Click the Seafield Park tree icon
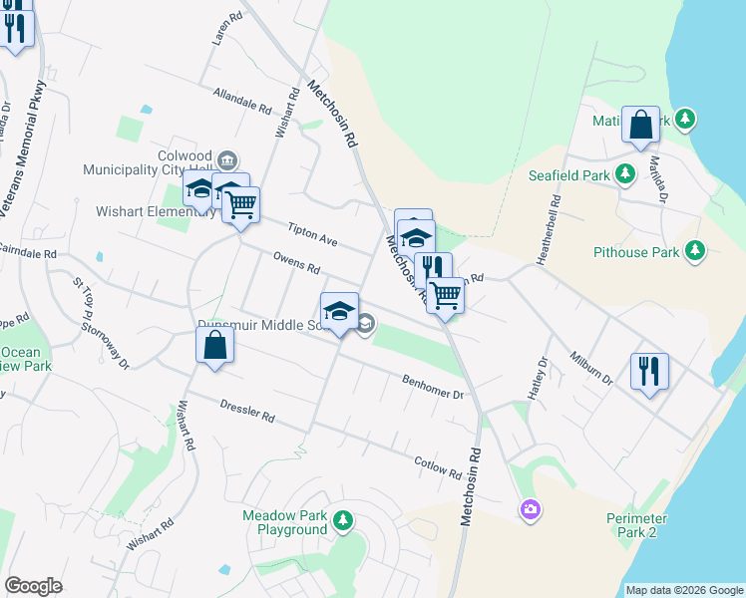[x=625, y=174]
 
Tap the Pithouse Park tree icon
[x=695, y=252]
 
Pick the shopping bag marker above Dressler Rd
[x=215, y=346]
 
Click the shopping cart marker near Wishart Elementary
[x=241, y=205]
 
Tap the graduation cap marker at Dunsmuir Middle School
[x=339, y=310]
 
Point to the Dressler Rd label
[x=247, y=412]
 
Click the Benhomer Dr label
[x=434, y=387]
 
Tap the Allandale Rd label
[x=242, y=99]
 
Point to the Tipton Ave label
[x=312, y=235]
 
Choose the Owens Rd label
[x=296, y=262]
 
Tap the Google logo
[x=33, y=586]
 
